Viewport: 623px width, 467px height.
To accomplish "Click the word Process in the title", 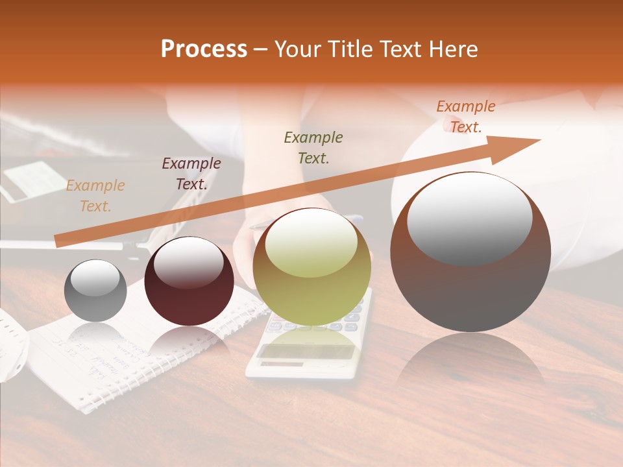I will click(x=204, y=49).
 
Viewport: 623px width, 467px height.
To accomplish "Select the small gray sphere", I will click(x=95, y=291).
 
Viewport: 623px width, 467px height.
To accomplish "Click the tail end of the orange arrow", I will click(x=58, y=241).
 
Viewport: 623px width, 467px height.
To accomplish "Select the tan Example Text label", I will click(x=95, y=196).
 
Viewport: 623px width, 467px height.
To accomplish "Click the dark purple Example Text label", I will click(x=191, y=173).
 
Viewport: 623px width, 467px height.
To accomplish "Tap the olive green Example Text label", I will click(x=313, y=147).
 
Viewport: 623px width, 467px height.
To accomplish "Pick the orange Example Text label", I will click(x=466, y=117).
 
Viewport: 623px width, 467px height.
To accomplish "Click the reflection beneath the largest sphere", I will click(x=470, y=363).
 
